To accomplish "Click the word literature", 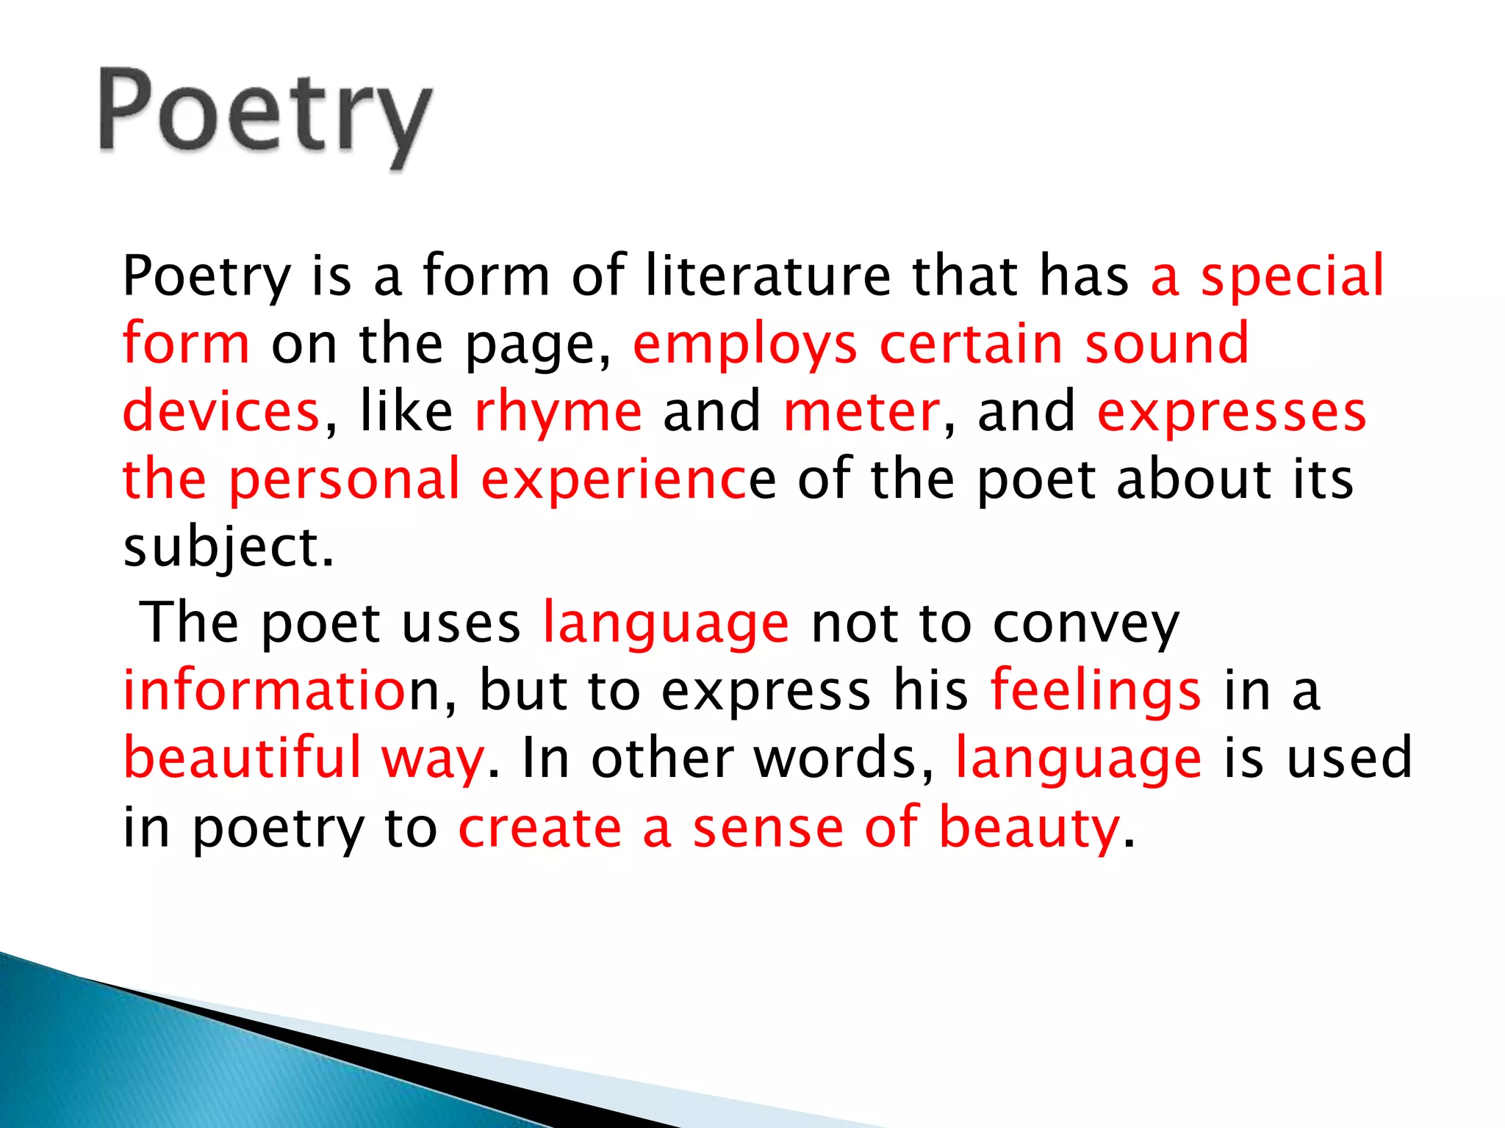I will pyautogui.click(x=767, y=275).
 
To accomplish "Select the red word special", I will pyautogui.click(x=1292, y=275).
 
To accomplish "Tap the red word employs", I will pyautogui.click(x=744, y=344).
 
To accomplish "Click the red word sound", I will pyautogui.click(x=1167, y=344).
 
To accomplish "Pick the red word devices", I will pyautogui.click(x=220, y=411).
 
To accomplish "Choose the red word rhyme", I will pyautogui.click(x=558, y=411).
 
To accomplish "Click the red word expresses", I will pyautogui.click(x=1232, y=411).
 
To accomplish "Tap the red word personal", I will pyautogui.click(x=344, y=480).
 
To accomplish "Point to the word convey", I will pyautogui.click(x=1085, y=624).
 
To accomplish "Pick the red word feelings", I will pyautogui.click(x=1096, y=692).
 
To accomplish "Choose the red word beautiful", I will pyautogui.click(x=243, y=758).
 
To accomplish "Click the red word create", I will pyautogui.click(x=540, y=828).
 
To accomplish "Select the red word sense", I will pyautogui.click(x=768, y=828).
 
